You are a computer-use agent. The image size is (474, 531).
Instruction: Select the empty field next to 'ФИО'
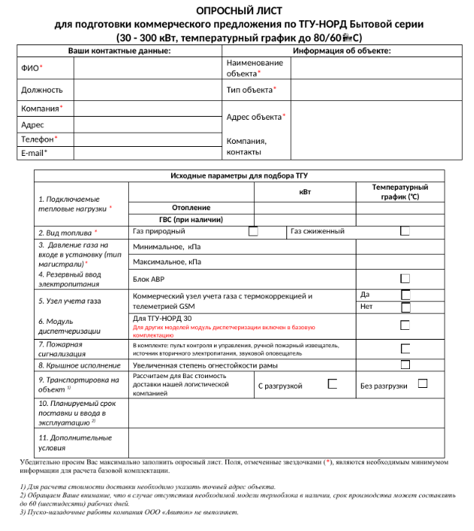(148, 68)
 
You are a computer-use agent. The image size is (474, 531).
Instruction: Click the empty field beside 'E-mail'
(148, 153)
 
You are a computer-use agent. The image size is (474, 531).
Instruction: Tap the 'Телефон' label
(38, 139)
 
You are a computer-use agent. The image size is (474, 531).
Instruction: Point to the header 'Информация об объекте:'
(341, 51)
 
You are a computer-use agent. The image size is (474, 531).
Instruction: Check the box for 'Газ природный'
(253, 231)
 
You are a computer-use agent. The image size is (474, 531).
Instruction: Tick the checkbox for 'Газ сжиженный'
(405, 231)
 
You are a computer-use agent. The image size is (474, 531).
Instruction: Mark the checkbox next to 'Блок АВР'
(405, 279)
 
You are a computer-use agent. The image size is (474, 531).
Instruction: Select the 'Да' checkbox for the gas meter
(405, 294)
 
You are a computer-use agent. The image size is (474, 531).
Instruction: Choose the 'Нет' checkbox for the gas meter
(405, 307)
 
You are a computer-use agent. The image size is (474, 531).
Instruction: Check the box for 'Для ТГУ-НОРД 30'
(405, 325)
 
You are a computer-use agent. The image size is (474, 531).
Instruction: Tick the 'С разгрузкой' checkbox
(332, 383)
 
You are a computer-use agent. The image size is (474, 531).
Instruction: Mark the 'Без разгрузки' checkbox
(423, 383)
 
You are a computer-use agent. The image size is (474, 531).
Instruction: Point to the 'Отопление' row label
(191, 207)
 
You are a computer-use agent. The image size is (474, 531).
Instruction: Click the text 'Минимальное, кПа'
(167, 246)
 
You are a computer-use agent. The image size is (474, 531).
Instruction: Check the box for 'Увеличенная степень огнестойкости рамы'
(405, 365)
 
